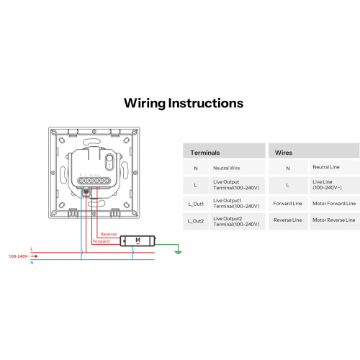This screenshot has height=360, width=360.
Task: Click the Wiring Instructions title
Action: [x=184, y=104]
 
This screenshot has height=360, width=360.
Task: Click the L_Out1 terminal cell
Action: [x=196, y=204]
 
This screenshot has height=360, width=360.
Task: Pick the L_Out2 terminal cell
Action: [x=196, y=221]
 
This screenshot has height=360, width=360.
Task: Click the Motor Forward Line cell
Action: [x=334, y=204]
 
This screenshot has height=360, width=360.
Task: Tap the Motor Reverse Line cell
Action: [x=334, y=220]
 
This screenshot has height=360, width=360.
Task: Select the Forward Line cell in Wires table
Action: [x=287, y=204]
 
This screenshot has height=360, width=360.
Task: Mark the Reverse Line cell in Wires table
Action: [x=288, y=220]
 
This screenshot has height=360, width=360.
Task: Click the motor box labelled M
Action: [x=138, y=240]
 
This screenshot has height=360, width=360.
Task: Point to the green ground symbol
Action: [x=178, y=252]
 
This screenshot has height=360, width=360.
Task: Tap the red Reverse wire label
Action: [x=109, y=234]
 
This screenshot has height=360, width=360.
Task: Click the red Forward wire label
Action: [x=101, y=241]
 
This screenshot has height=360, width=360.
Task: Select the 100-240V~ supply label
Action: [x=19, y=256]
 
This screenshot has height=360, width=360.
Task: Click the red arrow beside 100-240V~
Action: [x=35, y=256]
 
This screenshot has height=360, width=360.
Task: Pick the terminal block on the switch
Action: [x=94, y=181]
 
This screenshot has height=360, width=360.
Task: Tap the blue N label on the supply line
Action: [x=32, y=263]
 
